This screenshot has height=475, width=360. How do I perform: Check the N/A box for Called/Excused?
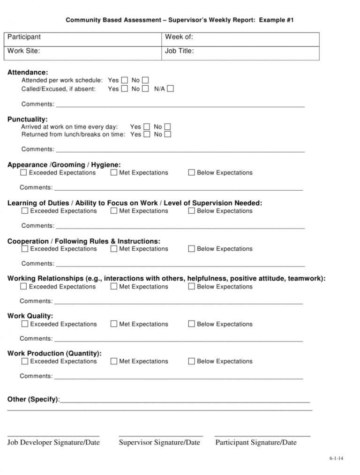coord(170,89)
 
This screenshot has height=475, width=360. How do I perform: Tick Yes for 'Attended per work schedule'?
coord(125,80)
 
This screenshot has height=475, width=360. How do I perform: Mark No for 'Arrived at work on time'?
coord(168,126)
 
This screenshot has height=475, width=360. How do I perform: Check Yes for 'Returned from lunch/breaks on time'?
coord(147,134)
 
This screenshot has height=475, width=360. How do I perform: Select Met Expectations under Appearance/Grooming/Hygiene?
coord(114,172)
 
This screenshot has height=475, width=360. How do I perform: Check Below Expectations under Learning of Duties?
coord(191,211)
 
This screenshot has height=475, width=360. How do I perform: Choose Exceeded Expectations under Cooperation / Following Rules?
coord(24,249)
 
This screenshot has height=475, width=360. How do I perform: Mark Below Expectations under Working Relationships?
coord(191,286)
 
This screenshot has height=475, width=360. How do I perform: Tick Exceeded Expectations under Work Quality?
coord(24,324)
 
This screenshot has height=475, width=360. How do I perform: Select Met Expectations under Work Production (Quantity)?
coord(114,361)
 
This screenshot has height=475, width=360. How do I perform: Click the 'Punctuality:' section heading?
coord(27,119)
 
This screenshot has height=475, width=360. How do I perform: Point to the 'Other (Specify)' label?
coord(33,399)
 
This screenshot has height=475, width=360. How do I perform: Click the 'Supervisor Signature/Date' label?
coord(159,442)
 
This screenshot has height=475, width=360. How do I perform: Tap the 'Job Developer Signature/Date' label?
coord(53,442)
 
